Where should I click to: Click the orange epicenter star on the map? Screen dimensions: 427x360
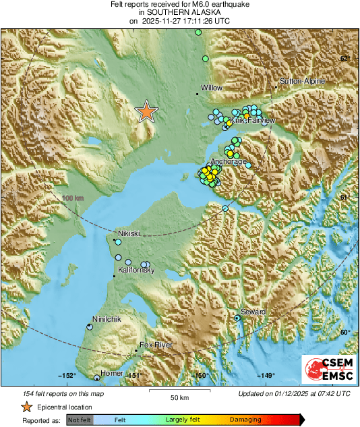coord(146,111)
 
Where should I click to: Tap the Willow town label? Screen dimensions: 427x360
coord(212,88)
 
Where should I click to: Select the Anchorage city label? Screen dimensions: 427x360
coord(226,162)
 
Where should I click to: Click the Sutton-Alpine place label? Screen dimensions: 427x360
coord(302,82)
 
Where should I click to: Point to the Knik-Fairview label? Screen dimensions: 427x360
coord(253,121)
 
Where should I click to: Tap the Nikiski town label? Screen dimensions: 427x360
coord(129,233)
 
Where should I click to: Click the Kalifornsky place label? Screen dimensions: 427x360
coord(137,270)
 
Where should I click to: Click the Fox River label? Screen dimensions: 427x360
coord(156,345)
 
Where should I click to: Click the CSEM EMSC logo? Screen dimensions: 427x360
coord(328,371)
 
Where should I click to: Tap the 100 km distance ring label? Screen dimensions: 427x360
coord(72,198)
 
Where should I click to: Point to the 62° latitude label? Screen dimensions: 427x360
coord(344,59)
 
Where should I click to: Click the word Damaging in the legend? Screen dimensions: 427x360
coord(245,420)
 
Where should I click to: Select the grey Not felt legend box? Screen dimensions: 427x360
coord(80,420)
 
